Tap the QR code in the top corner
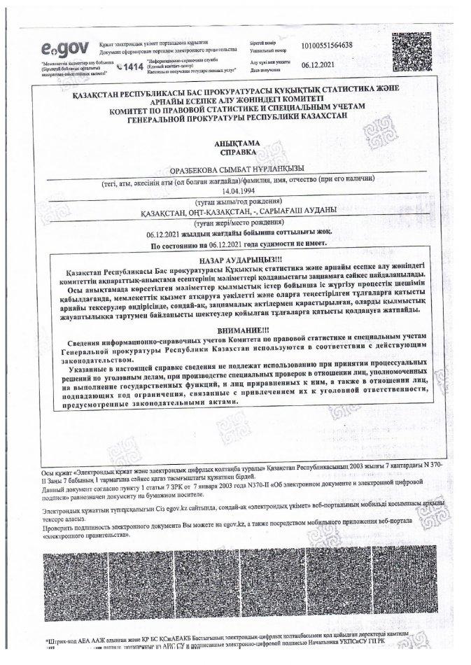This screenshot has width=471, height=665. (x=414, y=50)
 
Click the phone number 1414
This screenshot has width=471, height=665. (x=132, y=66)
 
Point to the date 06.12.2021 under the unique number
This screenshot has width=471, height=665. (x=319, y=66)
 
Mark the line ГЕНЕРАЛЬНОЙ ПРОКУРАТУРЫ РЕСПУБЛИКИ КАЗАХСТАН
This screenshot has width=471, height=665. (x=238, y=120)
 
